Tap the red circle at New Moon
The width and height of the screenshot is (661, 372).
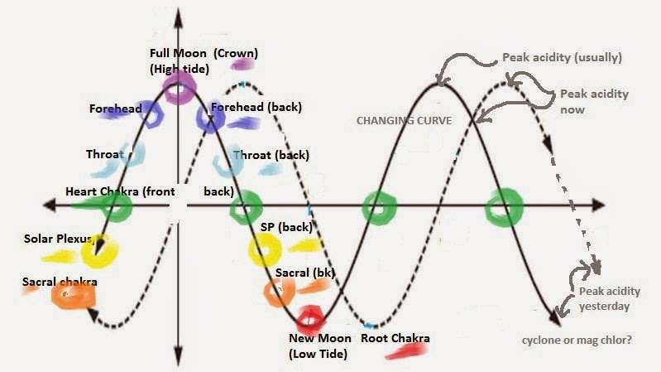(x=311, y=316)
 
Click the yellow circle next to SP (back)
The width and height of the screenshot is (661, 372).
(x=265, y=247)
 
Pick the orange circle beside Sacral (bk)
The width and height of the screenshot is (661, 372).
(x=276, y=289)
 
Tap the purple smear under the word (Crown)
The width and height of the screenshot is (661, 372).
(x=244, y=63)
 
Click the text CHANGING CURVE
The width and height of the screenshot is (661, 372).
(x=404, y=120)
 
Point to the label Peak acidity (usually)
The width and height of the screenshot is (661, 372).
(x=562, y=58)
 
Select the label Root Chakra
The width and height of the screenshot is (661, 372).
(x=395, y=338)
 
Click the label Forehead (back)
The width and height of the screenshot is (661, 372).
(x=256, y=107)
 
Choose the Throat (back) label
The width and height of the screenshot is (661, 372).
(x=270, y=155)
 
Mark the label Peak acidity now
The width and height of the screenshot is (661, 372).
(x=594, y=101)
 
